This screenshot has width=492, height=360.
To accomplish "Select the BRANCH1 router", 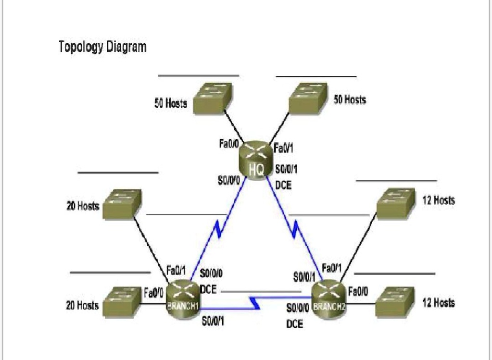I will click(182, 298).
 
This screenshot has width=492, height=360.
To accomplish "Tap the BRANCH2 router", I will click(328, 298).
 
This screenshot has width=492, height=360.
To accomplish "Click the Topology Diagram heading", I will click(102, 47).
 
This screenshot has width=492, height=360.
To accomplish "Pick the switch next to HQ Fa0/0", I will click(213, 99).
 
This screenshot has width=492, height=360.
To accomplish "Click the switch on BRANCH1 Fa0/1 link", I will click(123, 204).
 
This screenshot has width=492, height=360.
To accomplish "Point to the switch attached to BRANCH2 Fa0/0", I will click(394, 300).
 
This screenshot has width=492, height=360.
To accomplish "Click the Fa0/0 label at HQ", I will click(229, 144).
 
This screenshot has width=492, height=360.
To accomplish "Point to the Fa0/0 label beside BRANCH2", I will click(358, 291).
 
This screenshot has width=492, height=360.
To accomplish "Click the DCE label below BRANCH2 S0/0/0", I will click(294, 324).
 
